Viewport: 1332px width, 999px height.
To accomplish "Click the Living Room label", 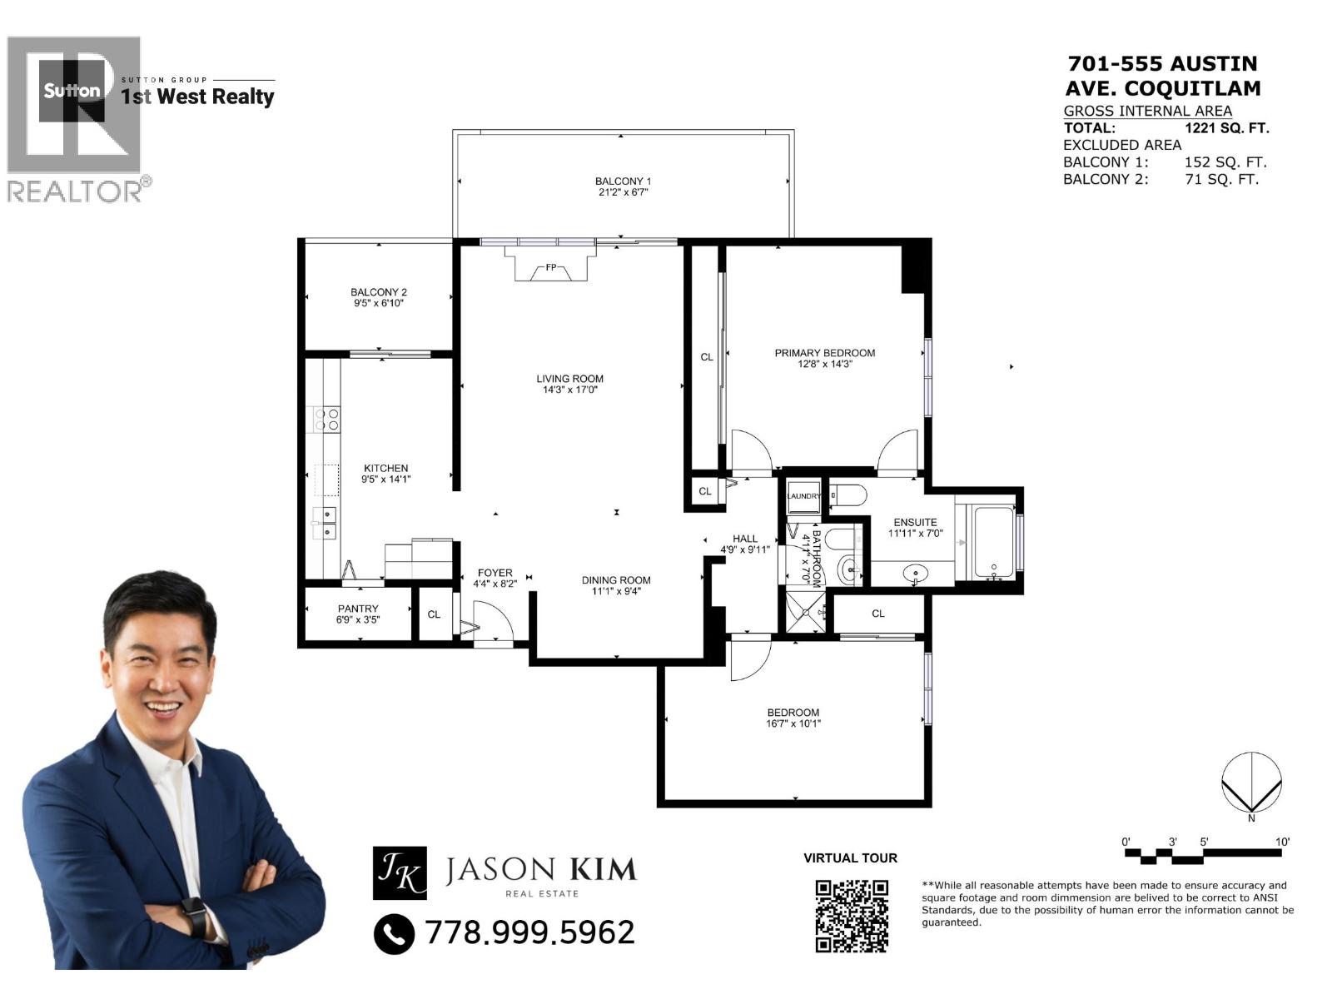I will pos(569,384).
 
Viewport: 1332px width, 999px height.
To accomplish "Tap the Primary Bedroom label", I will pos(824,358).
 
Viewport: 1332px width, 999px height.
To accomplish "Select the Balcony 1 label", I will pos(623,186).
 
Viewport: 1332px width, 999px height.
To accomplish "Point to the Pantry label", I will pos(358,614).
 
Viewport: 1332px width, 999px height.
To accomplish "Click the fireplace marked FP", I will pos(551,268).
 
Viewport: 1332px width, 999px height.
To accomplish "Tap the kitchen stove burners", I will pos(326,419).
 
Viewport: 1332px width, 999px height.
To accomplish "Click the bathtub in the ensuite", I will pos(993,543).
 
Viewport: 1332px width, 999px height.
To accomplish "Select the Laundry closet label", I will pos(803,496).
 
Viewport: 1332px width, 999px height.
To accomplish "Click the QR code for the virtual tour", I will pos(852,916).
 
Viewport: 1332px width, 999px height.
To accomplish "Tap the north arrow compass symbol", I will pos(1251,783).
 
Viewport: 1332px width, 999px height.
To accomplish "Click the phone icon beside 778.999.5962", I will pos(394,933).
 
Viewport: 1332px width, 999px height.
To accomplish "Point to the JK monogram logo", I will pos(400,872).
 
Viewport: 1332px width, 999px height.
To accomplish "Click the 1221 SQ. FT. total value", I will pos(1226,128).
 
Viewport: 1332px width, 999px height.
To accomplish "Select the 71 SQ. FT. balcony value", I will pos(1221,179).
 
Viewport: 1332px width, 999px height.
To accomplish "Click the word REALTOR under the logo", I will pos(75,191).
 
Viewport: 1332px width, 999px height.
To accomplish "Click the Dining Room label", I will pos(616,585).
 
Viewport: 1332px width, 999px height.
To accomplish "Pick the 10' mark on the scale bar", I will pos(1282,842).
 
